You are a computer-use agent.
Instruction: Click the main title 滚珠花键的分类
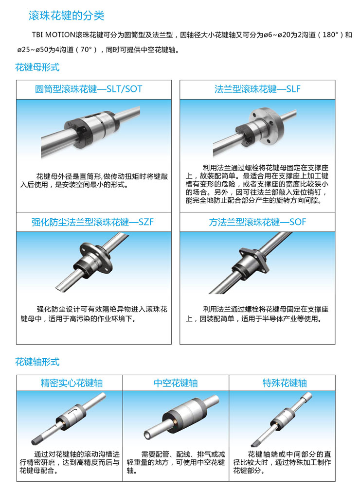coord(66,15)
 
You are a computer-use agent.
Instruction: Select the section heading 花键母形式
coord(37,67)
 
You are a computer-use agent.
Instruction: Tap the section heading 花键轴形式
coord(37,362)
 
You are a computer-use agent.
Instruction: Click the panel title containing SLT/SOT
coord(89,89)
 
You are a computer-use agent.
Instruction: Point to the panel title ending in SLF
coord(257,89)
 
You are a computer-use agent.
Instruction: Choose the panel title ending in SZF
coord(92,222)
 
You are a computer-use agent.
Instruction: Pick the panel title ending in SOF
coord(257,222)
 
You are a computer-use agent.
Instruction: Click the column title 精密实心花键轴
coord(72,383)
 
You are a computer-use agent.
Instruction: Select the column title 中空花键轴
coord(176,383)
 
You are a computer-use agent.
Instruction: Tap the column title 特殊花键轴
coord(285,383)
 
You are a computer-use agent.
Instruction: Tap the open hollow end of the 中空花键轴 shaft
coord(148,434)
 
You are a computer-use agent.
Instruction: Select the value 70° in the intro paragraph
coord(86,50)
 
